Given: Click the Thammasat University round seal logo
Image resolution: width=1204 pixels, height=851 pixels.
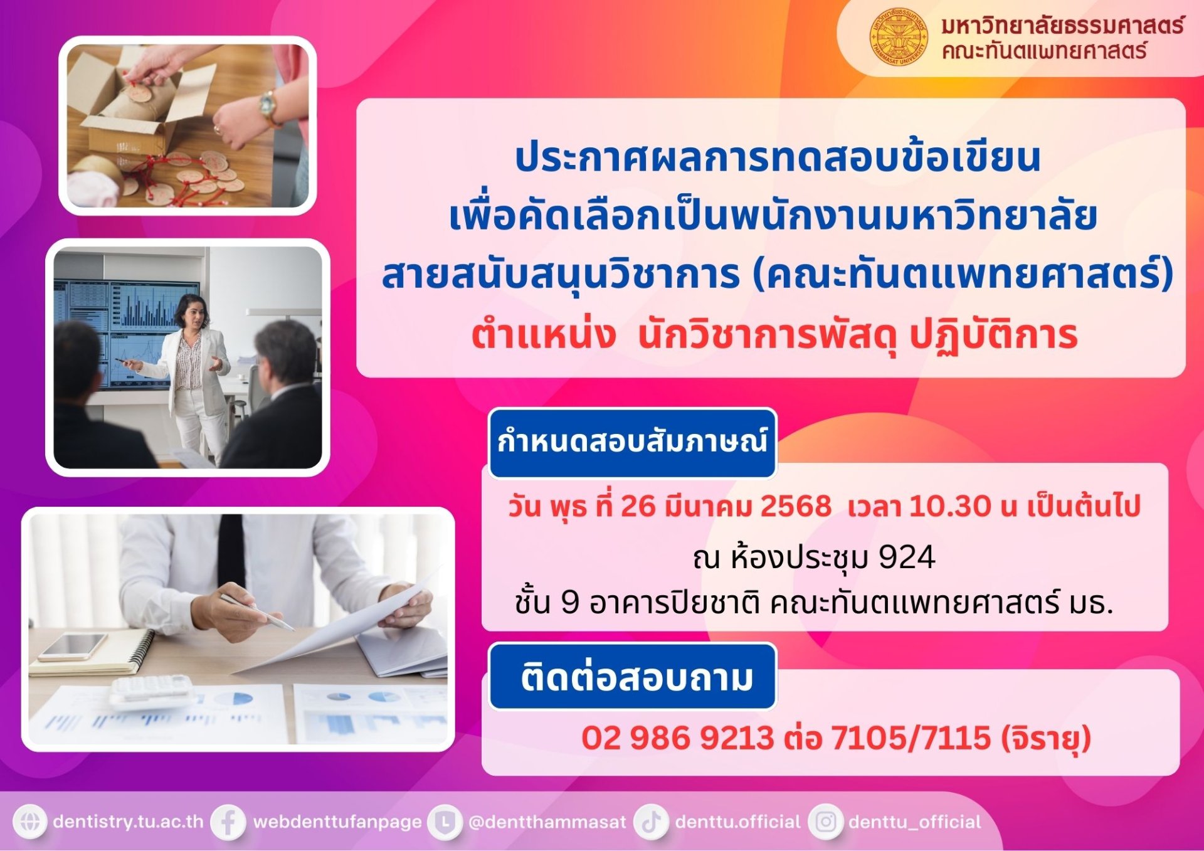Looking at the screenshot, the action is point(899,36).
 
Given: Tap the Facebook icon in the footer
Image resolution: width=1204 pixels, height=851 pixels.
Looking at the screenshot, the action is point(228,822).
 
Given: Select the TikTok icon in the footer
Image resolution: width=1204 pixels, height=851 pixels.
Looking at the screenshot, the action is point(652,822).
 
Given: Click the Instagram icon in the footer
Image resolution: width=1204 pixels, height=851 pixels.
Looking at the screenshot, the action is point(826,822).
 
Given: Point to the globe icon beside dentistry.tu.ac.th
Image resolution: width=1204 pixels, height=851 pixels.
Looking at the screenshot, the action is point(29,822).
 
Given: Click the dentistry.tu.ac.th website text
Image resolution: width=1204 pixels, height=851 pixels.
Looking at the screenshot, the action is point(129,822).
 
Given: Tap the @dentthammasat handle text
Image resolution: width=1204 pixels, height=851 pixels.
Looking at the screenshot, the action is point(547,822).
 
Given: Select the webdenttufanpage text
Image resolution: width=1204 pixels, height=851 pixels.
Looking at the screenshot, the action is point(337,822).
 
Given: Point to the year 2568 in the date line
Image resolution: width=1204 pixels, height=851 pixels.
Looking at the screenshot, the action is point(796,506).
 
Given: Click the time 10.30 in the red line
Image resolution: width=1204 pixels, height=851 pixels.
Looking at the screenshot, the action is point(951,506).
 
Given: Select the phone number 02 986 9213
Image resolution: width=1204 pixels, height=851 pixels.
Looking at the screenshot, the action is point(678,737).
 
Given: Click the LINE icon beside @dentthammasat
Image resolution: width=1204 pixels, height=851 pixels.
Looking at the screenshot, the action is point(445,822).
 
